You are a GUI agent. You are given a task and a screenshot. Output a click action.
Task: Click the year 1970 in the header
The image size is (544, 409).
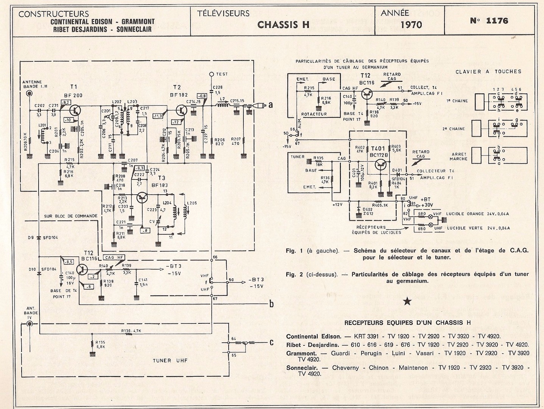pos(411,25)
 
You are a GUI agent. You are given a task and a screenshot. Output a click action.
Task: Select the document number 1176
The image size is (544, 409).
pos(489,21)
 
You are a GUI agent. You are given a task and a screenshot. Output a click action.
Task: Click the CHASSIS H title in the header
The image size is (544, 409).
pos(283,25)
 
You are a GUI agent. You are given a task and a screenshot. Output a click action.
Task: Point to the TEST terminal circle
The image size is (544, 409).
pos(212,74)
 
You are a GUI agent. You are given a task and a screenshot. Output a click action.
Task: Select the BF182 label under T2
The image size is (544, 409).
pos(179,95)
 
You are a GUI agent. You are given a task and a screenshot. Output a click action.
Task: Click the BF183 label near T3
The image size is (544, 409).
pos(159,185)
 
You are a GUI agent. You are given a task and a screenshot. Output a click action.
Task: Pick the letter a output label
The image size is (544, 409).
pos(270,105)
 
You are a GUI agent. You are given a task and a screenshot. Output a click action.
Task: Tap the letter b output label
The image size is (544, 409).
pos(271,304)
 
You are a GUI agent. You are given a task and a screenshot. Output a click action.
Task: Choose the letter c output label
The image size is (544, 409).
pos(271,343)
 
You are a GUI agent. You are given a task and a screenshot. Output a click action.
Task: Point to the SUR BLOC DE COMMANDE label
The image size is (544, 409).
pos(70,216)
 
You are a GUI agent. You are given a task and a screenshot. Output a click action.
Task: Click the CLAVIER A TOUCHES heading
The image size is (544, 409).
pos(488,72)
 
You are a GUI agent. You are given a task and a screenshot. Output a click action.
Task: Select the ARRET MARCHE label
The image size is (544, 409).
pos(459,156)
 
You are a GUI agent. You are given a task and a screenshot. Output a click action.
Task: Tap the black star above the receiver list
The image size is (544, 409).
pos(407,301)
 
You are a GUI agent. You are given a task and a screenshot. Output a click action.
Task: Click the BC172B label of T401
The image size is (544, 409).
pos(379,155)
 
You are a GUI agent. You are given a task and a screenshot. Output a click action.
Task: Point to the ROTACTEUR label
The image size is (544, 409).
pos(314,114)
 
